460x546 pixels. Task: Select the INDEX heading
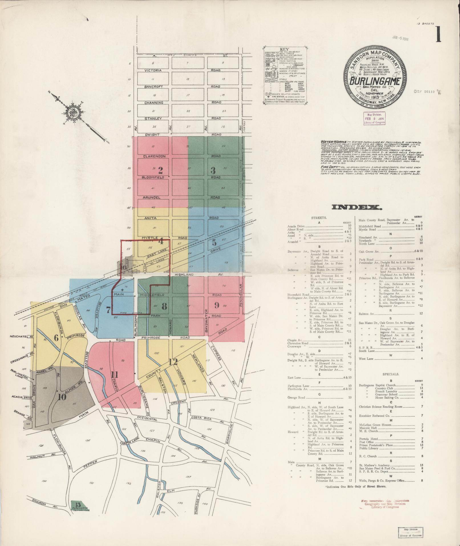click(x=356, y=207)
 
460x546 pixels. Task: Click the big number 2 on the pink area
click(x=160, y=170)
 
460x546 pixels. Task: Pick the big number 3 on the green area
click(x=213, y=170)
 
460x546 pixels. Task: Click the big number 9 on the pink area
click(x=216, y=305)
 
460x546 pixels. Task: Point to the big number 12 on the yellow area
click(x=173, y=362)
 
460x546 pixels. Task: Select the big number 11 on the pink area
click(x=114, y=375)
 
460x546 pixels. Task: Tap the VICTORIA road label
click(x=153, y=70)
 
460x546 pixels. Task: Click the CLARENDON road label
click(x=154, y=156)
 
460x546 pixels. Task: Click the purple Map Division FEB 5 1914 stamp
click(x=374, y=118)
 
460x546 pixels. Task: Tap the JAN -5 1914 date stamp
click(x=400, y=38)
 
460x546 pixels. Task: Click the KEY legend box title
click(x=284, y=49)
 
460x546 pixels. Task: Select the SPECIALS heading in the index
click(x=391, y=374)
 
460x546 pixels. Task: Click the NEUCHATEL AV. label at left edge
click(x=21, y=337)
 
